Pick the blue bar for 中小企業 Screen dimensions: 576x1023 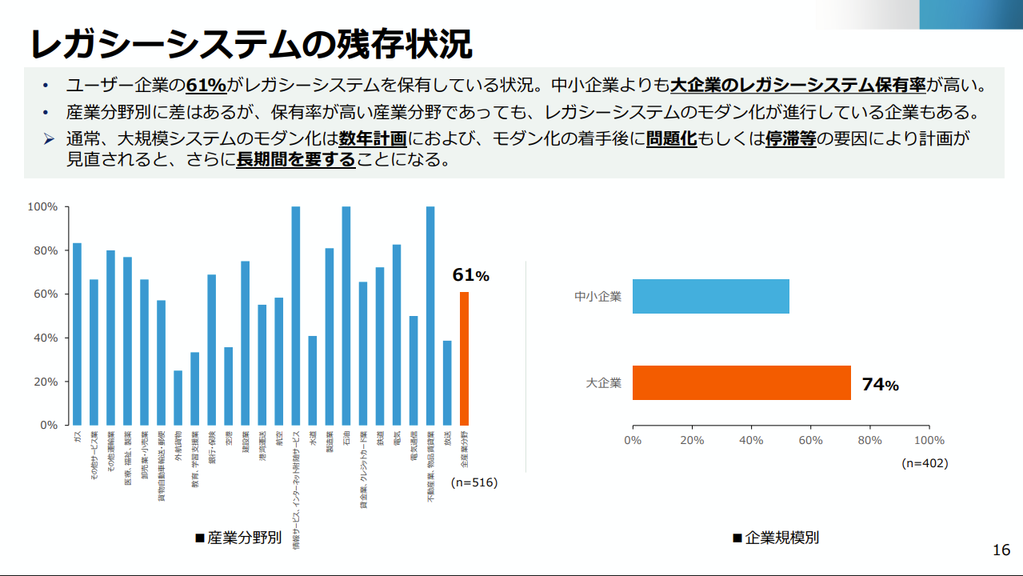pos(710,296)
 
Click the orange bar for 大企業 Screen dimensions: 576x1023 pos(741,383)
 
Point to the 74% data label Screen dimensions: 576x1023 pos(880,385)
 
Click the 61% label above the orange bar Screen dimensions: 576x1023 pos(470,276)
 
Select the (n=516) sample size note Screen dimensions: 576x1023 pos(474,482)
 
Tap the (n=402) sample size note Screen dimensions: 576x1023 pos(925,462)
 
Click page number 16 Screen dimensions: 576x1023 pos(1001,550)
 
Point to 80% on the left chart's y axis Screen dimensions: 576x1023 pos(43,250)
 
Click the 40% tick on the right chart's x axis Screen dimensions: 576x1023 pos(751,440)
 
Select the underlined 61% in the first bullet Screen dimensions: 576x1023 pos(206,86)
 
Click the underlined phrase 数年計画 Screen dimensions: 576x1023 pos(373,139)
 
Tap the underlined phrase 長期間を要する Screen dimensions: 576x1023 pos(296,159)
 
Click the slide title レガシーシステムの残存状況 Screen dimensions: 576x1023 pos(250,44)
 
